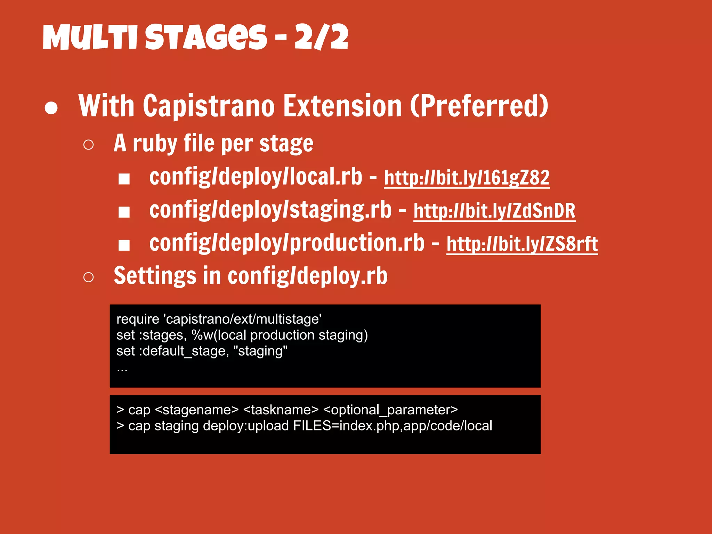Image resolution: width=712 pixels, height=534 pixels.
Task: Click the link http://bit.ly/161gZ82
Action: point(467,178)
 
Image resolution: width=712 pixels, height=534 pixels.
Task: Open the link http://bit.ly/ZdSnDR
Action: point(494,211)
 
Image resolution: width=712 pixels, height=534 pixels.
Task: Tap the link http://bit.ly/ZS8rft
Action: point(522,244)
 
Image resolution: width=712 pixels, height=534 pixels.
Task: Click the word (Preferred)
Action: point(479,106)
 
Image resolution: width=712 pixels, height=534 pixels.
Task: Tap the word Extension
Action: point(342,106)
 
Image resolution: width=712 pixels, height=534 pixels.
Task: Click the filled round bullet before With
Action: point(51,108)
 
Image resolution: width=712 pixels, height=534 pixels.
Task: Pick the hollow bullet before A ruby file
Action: point(89,145)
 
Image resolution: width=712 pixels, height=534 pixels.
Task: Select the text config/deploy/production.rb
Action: point(287,243)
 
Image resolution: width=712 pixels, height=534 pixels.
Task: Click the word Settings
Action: point(155,276)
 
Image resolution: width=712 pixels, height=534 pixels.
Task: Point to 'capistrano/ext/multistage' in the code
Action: point(242,319)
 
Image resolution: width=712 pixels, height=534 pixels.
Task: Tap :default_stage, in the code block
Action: point(184,351)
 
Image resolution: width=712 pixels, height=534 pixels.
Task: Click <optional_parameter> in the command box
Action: point(390,410)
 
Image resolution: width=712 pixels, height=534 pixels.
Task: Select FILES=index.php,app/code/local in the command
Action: point(393,426)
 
